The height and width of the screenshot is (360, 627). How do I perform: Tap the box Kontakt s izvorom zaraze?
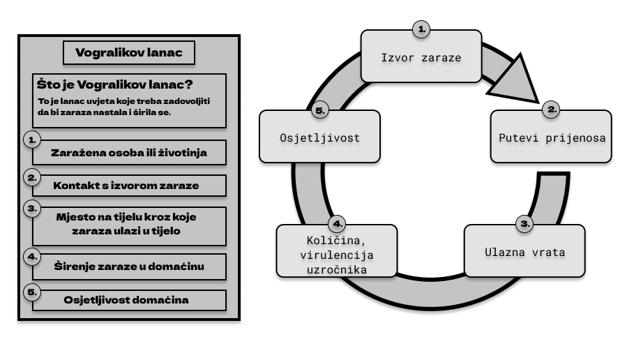click(126, 186)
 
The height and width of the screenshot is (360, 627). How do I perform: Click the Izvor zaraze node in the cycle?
click(421, 57)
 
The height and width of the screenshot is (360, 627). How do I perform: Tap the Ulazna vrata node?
click(524, 251)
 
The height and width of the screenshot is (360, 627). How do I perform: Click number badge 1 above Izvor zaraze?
click(421, 29)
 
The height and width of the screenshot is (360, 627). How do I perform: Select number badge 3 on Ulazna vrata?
click(524, 223)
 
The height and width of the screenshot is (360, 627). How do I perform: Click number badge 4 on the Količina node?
click(338, 224)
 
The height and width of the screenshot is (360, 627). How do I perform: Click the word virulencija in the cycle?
click(337, 255)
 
